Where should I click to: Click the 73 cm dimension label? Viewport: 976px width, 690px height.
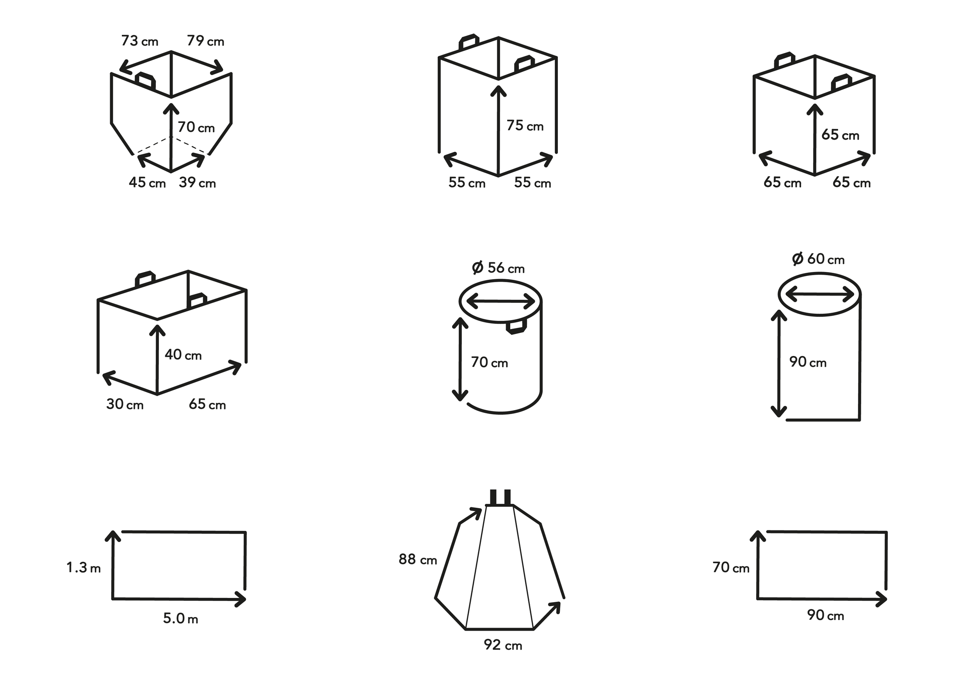tap(139, 41)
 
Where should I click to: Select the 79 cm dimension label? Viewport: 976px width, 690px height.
tap(205, 41)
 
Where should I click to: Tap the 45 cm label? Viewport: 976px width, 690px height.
tap(147, 183)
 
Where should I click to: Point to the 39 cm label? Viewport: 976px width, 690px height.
tap(197, 183)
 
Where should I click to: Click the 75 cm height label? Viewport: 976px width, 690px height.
tap(525, 126)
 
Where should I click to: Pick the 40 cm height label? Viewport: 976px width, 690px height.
tap(183, 355)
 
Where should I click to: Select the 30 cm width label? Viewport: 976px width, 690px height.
tap(125, 404)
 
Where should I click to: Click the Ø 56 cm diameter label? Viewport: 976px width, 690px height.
tap(498, 268)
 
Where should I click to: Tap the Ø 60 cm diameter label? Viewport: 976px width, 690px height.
tap(818, 259)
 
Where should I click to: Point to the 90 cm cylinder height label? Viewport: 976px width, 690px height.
tap(808, 362)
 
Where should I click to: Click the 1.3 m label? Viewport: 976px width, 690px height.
tap(83, 567)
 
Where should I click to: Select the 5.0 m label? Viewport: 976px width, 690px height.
tap(180, 618)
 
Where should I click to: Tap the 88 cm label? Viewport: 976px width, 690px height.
tap(417, 560)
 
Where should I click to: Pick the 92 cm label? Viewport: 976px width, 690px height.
tap(503, 645)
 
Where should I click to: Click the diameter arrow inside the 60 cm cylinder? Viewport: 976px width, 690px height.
tap(819, 294)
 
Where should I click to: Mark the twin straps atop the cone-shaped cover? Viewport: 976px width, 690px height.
tap(500, 497)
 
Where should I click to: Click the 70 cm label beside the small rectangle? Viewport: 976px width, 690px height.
tap(731, 567)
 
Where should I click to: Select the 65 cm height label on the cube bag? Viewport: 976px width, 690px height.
tap(840, 135)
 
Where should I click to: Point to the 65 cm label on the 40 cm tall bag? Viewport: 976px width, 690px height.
tap(207, 404)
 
